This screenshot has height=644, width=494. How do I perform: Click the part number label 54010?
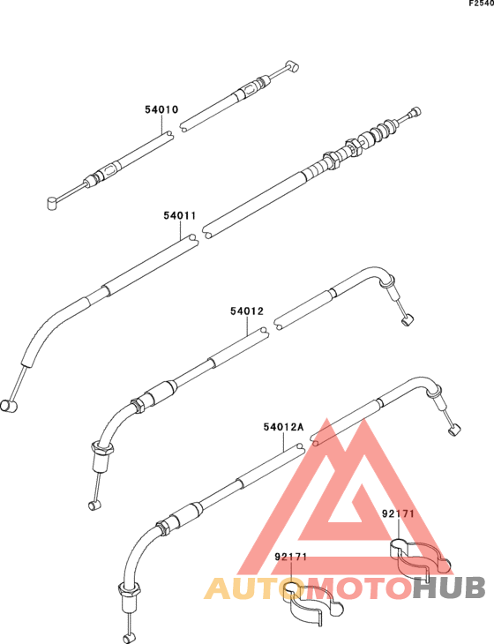161,109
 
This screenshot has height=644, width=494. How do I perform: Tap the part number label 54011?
180,215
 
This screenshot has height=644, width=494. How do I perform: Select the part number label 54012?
247,311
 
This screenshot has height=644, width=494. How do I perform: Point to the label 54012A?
283,427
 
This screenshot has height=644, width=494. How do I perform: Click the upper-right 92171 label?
399,513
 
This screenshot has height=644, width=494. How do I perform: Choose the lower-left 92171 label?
291,557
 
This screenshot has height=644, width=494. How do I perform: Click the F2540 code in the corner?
482,4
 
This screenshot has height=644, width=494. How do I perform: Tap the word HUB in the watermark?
449,588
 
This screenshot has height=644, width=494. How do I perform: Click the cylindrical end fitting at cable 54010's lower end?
52,203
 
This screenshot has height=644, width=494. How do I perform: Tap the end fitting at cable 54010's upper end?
292,66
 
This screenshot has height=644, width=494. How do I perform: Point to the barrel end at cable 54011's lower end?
9,406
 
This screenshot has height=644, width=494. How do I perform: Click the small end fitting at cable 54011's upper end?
415,111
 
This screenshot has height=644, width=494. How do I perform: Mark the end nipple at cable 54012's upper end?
407,319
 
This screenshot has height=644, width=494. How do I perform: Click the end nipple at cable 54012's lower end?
94,505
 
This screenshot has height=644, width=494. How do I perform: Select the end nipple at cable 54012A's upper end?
453,431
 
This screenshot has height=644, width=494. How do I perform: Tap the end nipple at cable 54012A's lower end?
129,638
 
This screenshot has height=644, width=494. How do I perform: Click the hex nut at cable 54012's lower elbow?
101,447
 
